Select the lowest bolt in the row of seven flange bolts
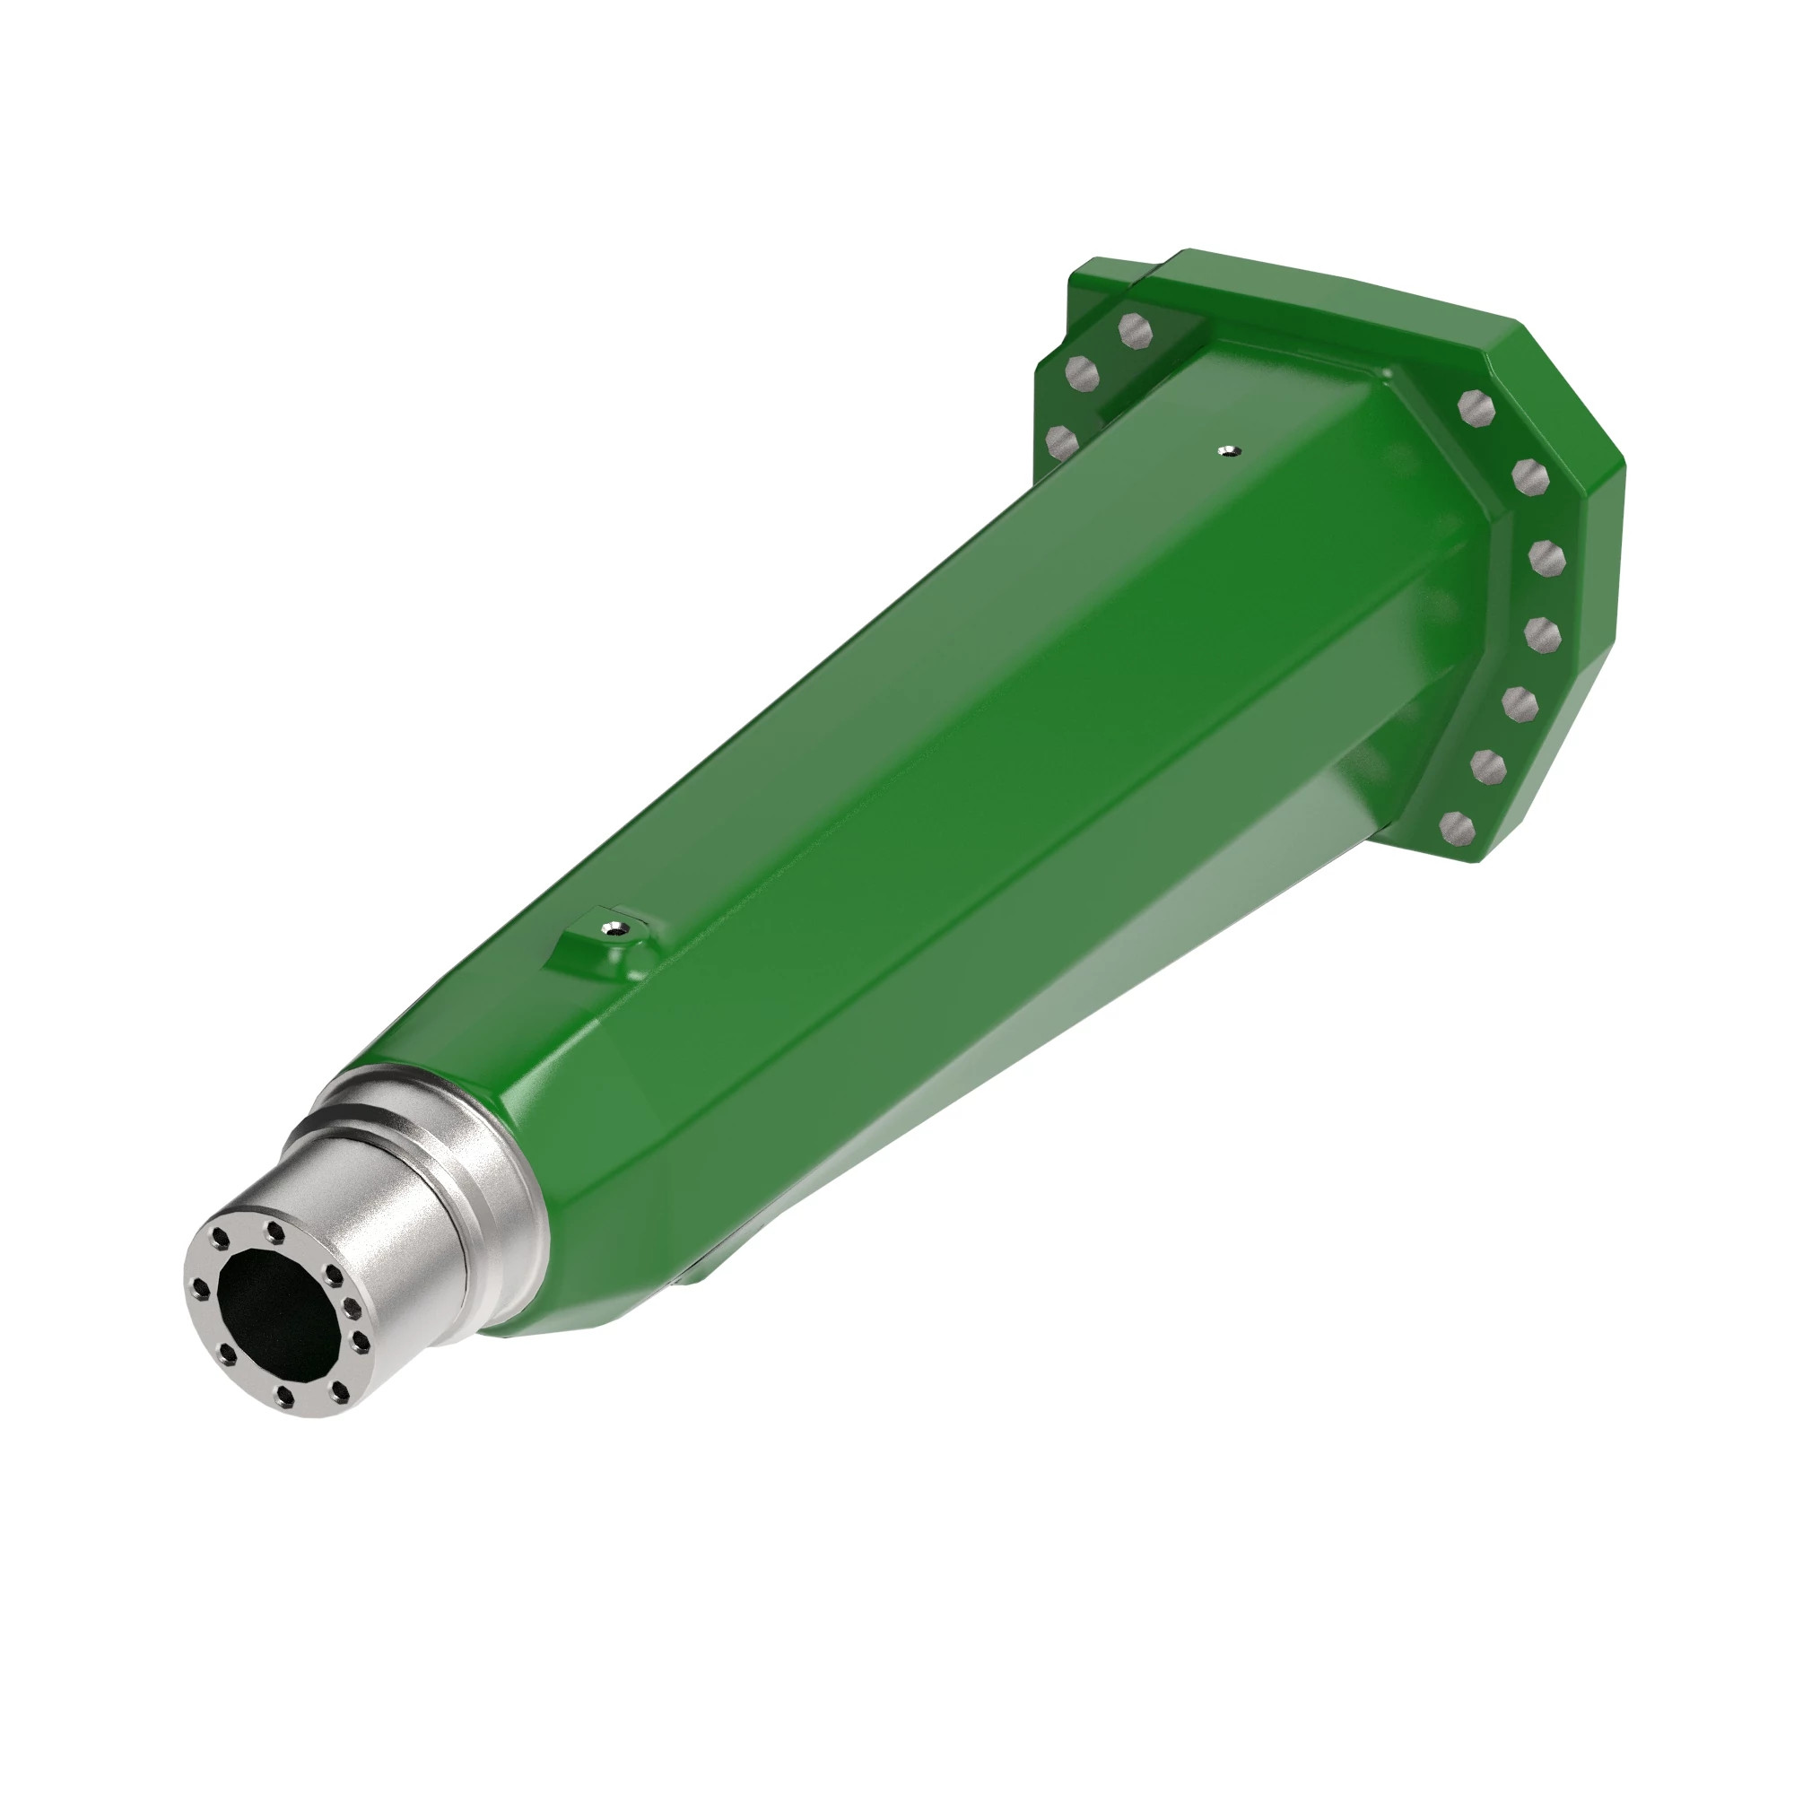point(1457,825)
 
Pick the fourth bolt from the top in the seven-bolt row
point(1543,635)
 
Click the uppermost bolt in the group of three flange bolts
point(1134,328)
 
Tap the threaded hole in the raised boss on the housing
point(612,926)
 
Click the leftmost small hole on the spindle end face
point(201,1288)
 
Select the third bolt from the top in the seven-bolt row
point(1548,558)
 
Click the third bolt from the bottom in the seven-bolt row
point(1520,703)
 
